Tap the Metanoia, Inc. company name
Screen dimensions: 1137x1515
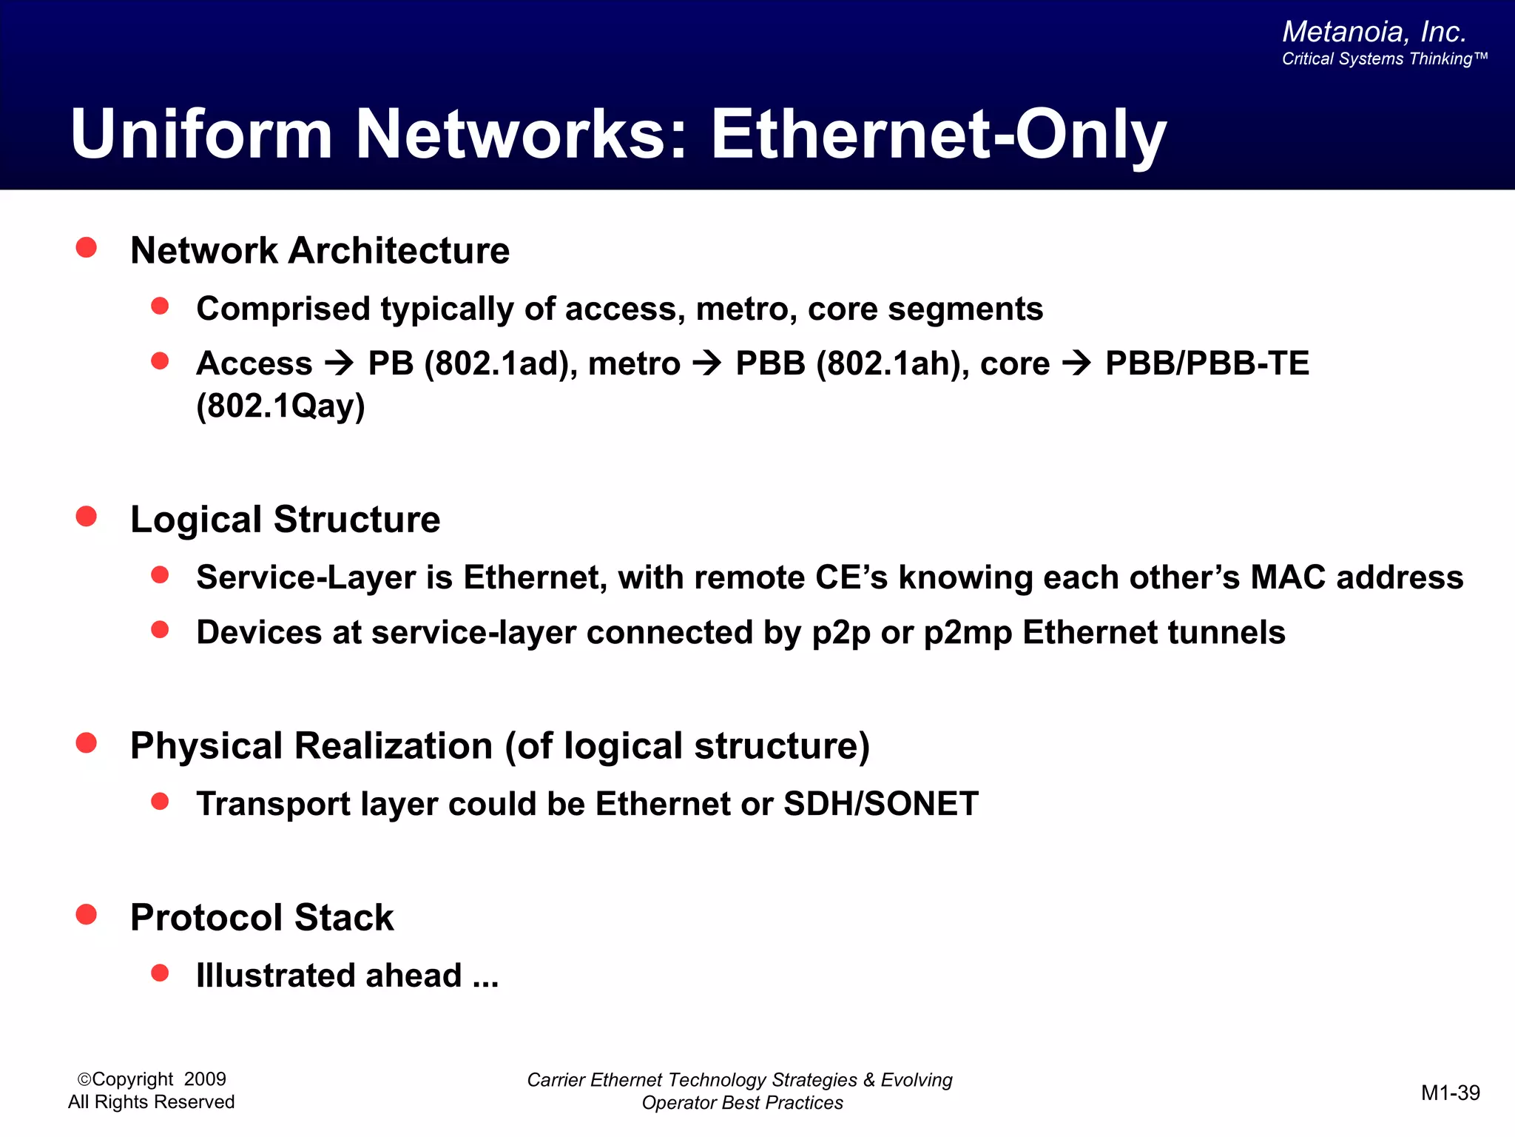(x=1374, y=32)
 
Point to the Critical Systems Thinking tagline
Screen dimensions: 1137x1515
(x=1383, y=59)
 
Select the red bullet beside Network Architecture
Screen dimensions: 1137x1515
(x=87, y=247)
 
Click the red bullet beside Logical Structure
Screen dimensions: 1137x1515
(x=87, y=516)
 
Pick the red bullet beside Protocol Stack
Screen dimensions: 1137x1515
(x=87, y=914)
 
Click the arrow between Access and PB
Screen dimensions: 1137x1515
(x=340, y=363)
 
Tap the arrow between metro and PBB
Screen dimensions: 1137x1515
(x=708, y=363)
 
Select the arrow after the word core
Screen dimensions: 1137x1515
(x=1077, y=363)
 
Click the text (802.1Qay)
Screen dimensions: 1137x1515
(x=280, y=406)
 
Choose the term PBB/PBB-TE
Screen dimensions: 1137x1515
(x=1207, y=363)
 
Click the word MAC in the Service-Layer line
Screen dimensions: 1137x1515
(x=1288, y=577)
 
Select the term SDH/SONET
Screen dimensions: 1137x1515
(x=880, y=804)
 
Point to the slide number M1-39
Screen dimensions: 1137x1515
(x=1450, y=1093)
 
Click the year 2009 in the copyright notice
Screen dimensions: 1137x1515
(x=205, y=1079)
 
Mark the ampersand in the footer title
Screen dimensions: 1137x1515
(x=868, y=1080)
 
